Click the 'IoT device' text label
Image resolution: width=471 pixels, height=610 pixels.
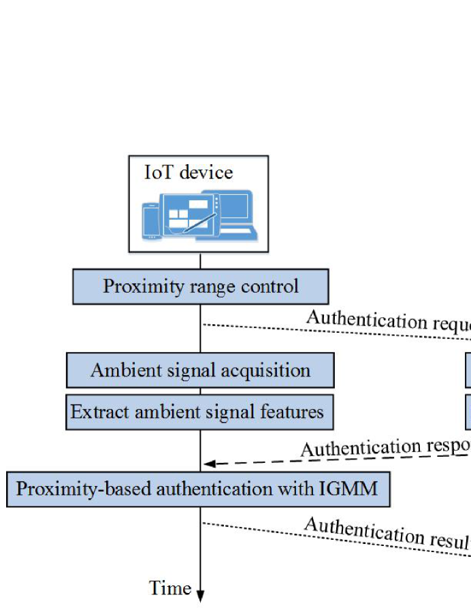pos(189,172)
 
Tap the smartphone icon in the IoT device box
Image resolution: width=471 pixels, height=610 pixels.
pos(151,221)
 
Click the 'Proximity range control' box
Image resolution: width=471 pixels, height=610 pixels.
pos(200,286)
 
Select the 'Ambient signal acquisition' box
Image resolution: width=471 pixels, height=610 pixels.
pos(200,370)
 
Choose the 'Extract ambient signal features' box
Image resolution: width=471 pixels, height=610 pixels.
pos(199,412)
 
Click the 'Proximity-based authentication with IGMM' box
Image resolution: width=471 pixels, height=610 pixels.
pos(198,489)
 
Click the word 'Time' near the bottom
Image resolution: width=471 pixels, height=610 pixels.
pos(169,588)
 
